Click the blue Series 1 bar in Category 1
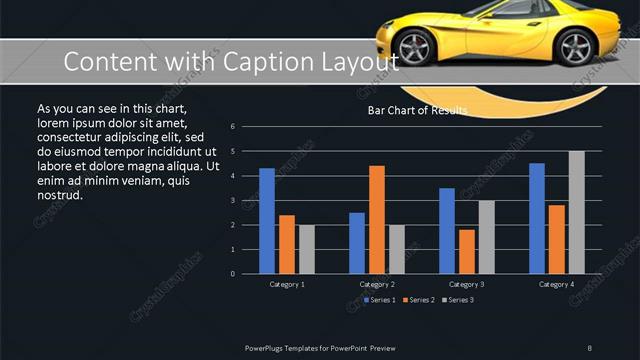[267, 221]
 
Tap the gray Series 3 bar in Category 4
[577, 212]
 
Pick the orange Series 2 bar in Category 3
[467, 251]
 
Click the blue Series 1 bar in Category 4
[537, 218]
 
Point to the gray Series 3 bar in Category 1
[307, 249]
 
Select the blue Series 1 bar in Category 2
[357, 243]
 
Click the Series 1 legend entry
[382, 299]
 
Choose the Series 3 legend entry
[458, 299]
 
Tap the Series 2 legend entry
[420, 299]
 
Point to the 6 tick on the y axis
[232, 127]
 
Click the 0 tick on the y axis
[232, 273]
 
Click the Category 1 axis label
[287, 285]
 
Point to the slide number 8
[590, 348]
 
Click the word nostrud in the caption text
[59, 195]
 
